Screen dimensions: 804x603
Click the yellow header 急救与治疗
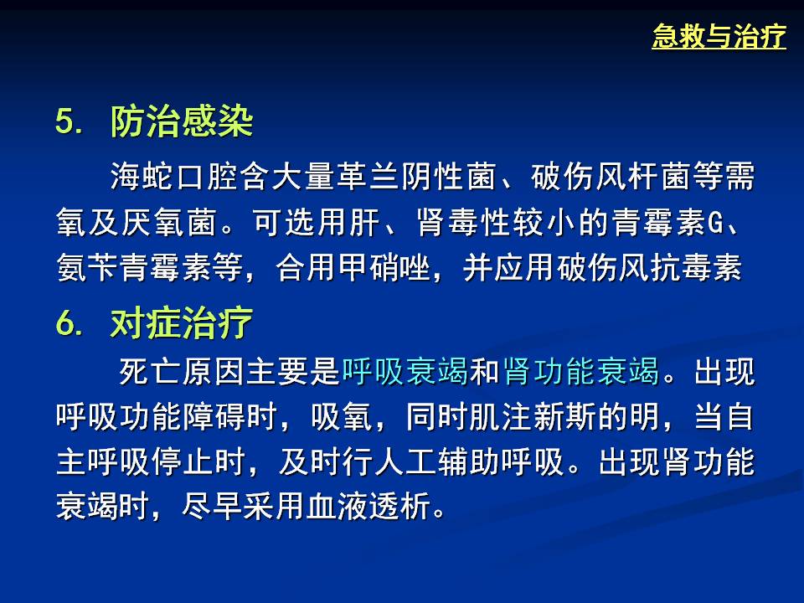click(x=719, y=36)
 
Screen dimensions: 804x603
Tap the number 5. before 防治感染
click(x=69, y=121)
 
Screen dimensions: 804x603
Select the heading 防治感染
click(x=182, y=121)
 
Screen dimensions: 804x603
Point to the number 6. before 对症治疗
click(x=69, y=323)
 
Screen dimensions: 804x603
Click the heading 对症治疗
click(x=182, y=323)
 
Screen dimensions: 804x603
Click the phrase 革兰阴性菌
click(x=416, y=176)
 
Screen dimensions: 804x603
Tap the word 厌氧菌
click(x=168, y=222)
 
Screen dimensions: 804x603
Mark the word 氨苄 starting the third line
click(x=87, y=267)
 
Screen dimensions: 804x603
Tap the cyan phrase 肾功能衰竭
click(x=581, y=371)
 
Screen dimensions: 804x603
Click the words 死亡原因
click(x=182, y=371)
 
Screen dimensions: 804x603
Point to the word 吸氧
click(x=342, y=416)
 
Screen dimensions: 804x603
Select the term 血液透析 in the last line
click(x=368, y=506)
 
